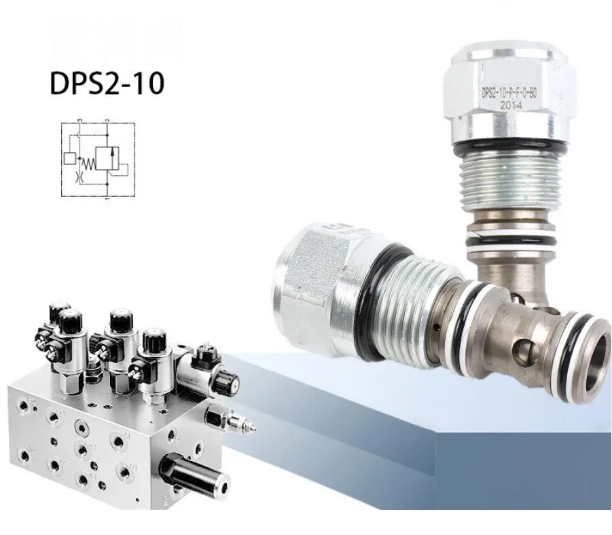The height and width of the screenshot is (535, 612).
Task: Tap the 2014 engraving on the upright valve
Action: pos(510,106)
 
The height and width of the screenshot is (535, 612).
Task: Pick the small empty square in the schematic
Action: pos(69,159)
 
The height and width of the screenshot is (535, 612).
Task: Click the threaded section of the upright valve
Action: pos(511,179)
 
